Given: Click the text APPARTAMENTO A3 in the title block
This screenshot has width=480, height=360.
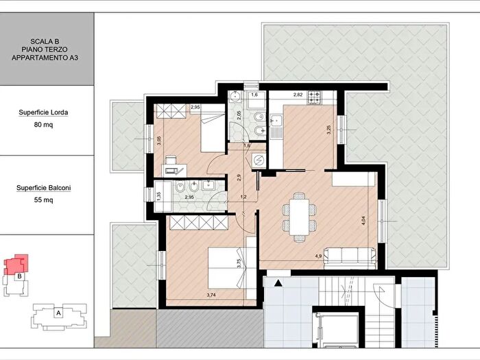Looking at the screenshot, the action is click(45, 58).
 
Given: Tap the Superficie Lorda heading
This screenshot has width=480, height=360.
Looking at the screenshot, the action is click(43, 112).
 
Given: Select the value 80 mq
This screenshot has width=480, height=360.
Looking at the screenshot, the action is click(43, 125).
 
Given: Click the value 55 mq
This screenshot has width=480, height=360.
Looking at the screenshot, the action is click(43, 200).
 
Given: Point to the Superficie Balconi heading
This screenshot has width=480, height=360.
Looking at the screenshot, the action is click(43, 188).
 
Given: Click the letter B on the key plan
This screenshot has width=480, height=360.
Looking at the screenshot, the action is click(19, 276).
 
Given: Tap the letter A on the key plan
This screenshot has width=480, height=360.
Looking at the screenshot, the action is click(58, 313).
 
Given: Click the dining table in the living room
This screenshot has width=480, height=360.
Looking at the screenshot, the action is click(299, 217).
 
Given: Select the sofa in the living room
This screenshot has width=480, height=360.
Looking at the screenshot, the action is click(350, 258).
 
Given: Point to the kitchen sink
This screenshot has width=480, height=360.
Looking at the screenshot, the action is click(277, 121).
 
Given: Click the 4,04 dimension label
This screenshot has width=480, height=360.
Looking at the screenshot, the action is click(363, 221).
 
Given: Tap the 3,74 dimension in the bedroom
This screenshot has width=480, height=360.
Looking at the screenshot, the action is click(211, 295).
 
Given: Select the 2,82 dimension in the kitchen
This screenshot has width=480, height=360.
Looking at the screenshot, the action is click(298, 95).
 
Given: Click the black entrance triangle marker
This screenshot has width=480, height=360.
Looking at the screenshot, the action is click(278, 283).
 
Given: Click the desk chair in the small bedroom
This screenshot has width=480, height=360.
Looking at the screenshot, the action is click(171, 160).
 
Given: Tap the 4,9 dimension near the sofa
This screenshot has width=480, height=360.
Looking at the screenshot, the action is click(318, 256).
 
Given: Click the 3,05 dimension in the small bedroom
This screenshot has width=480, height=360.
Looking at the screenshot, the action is click(158, 141).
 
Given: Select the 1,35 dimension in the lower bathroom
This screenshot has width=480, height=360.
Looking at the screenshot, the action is click(158, 196).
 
